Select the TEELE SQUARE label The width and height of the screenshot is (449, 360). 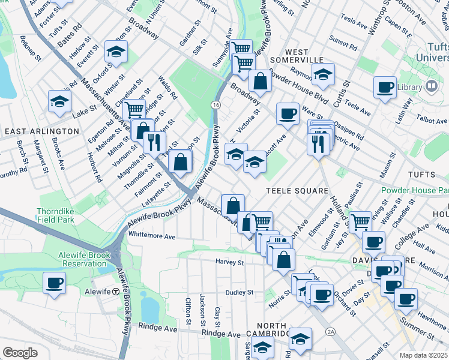(298, 191)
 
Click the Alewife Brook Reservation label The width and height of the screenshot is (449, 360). (83, 259)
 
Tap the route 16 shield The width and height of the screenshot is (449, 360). (215, 105)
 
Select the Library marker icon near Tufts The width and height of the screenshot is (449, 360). (430, 87)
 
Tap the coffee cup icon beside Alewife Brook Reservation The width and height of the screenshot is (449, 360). (55, 282)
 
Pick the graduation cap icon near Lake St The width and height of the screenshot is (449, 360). (60, 102)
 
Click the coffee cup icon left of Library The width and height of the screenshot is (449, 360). (384, 88)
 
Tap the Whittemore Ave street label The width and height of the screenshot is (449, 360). (151, 235)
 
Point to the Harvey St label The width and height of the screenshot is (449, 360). (230, 262)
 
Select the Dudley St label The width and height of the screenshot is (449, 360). (240, 293)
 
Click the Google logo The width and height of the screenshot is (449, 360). (20, 353)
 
